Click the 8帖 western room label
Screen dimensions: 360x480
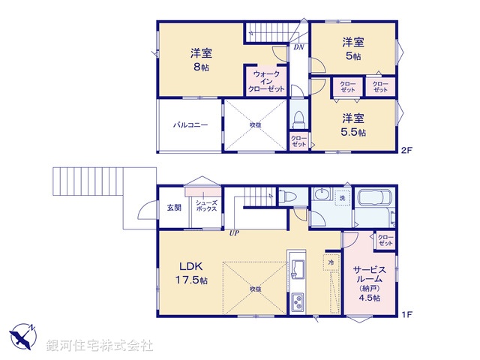tap(200, 59)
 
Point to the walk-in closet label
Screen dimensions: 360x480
tap(267, 82)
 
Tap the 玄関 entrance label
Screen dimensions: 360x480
tap(173, 207)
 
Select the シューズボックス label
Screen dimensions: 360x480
tap(205, 206)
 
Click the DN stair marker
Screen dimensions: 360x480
tap(298, 47)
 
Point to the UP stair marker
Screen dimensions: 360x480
tap(235, 232)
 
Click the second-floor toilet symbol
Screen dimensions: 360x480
tap(298, 120)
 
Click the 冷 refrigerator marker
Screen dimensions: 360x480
tap(331, 263)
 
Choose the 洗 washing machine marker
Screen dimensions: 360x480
tap(341, 198)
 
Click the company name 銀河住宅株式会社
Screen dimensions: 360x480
tap(100, 346)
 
